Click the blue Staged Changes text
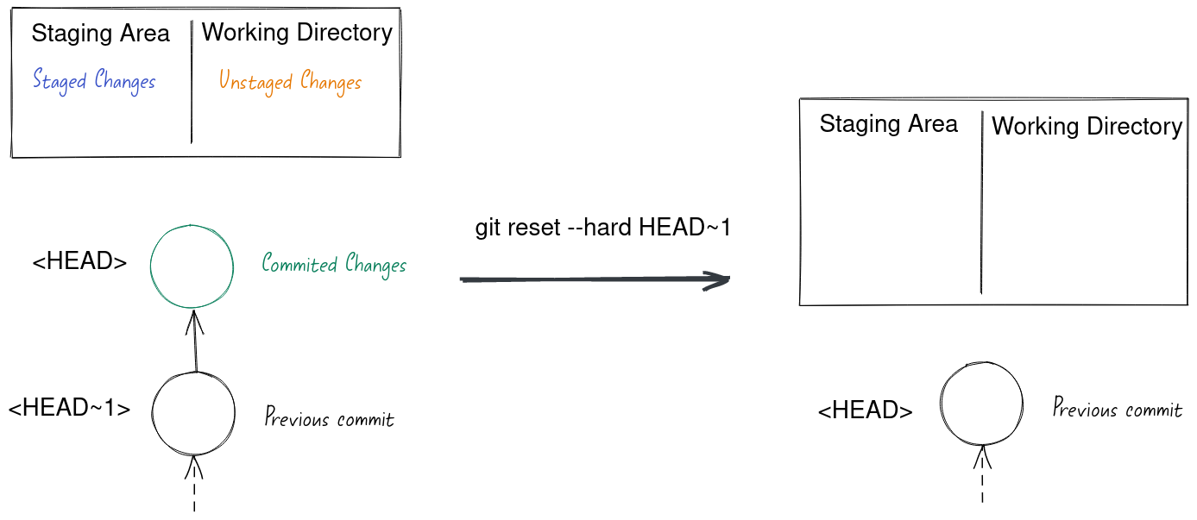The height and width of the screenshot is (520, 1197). point(94,81)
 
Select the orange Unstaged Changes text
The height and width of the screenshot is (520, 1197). point(290,82)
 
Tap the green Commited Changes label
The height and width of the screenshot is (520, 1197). point(334,264)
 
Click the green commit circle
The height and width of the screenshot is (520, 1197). point(192,266)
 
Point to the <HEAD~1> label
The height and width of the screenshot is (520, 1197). point(69,408)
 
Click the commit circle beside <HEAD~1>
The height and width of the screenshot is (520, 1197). point(193,413)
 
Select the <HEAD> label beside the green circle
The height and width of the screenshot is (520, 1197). point(79,262)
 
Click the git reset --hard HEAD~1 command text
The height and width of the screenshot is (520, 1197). point(603,228)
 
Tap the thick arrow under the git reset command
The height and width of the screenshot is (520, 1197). point(595,279)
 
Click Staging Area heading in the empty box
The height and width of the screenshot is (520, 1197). point(888,124)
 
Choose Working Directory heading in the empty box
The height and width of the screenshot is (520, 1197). point(1087,127)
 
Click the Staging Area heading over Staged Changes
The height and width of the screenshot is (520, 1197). point(100,34)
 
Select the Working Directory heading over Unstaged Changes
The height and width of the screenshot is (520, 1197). point(297,33)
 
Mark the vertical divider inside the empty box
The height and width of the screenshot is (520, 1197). point(982,203)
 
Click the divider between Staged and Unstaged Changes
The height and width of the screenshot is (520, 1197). point(191,86)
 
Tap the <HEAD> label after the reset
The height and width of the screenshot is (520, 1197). point(865,411)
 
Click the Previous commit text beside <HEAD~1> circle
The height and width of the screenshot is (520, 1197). point(329,419)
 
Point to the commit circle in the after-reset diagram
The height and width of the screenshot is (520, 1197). point(981,404)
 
